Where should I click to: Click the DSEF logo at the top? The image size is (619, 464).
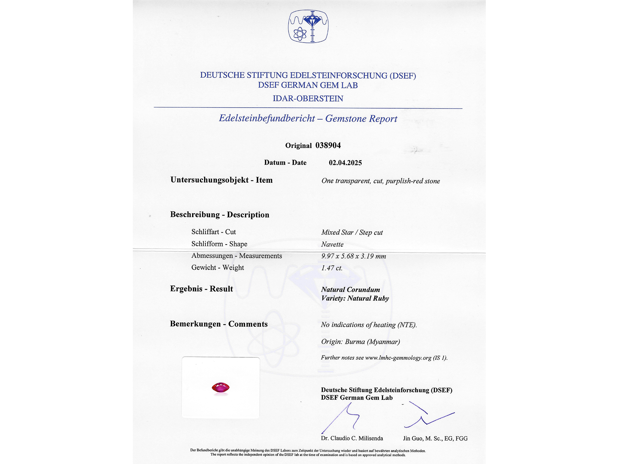pyautogui.click(x=308, y=26)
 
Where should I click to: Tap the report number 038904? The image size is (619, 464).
pyautogui.click(x=328, y=145)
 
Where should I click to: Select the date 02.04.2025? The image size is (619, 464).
pyautogui.click(x=345, y=163)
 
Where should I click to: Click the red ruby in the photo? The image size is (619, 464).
pyautogui.click(x=221, y=388)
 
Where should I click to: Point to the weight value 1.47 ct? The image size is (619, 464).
pyautogui.click(x=332, y=268)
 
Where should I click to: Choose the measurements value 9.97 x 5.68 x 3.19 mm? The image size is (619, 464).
pyautogui.click(x=353, y=256)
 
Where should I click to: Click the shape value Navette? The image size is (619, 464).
pyautogui.click(x=332, y=244)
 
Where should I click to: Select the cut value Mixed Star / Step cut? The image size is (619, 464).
pyautogui.click(x=352, y=232)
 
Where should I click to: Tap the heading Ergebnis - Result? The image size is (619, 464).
pyautogui.click(x=201, y=289)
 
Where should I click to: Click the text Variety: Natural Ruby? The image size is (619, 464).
pyautogui.click(x=355, y=298)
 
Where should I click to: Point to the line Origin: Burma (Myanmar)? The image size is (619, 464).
pyautogui.click(x=360, y=342)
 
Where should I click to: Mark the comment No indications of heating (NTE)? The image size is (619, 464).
pyautogui.click(x=369, y=325)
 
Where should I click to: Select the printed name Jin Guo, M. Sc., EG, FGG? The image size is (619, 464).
pyautogui.click(x=435, y=438)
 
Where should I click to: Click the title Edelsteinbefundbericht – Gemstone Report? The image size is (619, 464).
pyautogui.click(x=308, y=118)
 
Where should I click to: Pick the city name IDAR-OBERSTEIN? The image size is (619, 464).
pyautogui.click(x=308, y=98)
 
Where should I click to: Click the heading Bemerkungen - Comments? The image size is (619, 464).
pyautogui.click(x=219, y=324)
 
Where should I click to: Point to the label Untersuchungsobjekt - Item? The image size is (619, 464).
pyautogui.click(x=221, y=180)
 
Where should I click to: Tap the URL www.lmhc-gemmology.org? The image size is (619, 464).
pyautogui.click(x=398, y=358)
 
